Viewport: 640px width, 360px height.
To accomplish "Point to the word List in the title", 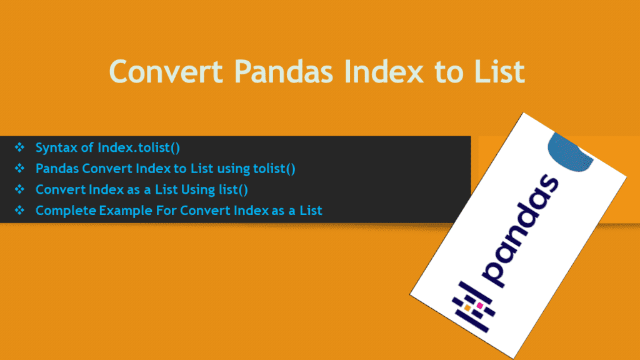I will point(495,72).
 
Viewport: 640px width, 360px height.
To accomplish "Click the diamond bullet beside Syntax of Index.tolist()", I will point(19,148).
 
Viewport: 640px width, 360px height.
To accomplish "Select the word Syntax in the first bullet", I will point(55,148).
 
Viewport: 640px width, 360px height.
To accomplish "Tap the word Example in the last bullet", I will point(122,211).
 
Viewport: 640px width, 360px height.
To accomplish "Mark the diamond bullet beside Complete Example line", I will point(19,210).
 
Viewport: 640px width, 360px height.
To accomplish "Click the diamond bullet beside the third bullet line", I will point(19,189).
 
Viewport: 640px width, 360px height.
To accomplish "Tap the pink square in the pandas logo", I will point(480,306).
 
